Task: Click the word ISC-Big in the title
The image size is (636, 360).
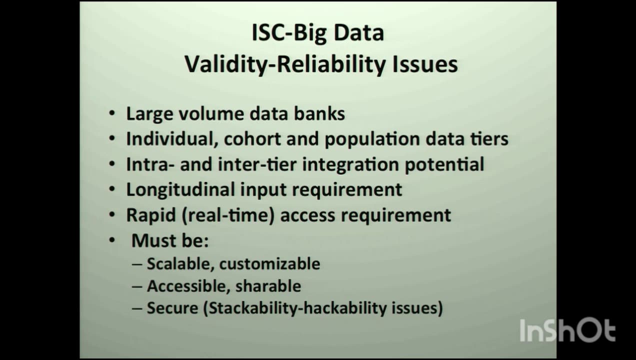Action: click(x=289, y=33)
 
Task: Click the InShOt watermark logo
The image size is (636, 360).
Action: click(x=567, y=330)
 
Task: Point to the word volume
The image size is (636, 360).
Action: click(x=211, y=114)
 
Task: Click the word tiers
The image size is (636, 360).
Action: click(x=489, y=139)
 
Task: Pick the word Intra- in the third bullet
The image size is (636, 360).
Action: click(x=150, y=164)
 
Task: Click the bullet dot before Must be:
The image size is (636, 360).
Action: click(x=112, y=240)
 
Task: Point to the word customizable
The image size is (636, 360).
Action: click(x=269, y=264)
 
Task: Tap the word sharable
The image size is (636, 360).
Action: click(x=268, y=286)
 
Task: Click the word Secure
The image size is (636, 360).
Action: click(x=172, y=308)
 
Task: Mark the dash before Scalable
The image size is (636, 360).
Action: click(x=137, y=264)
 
